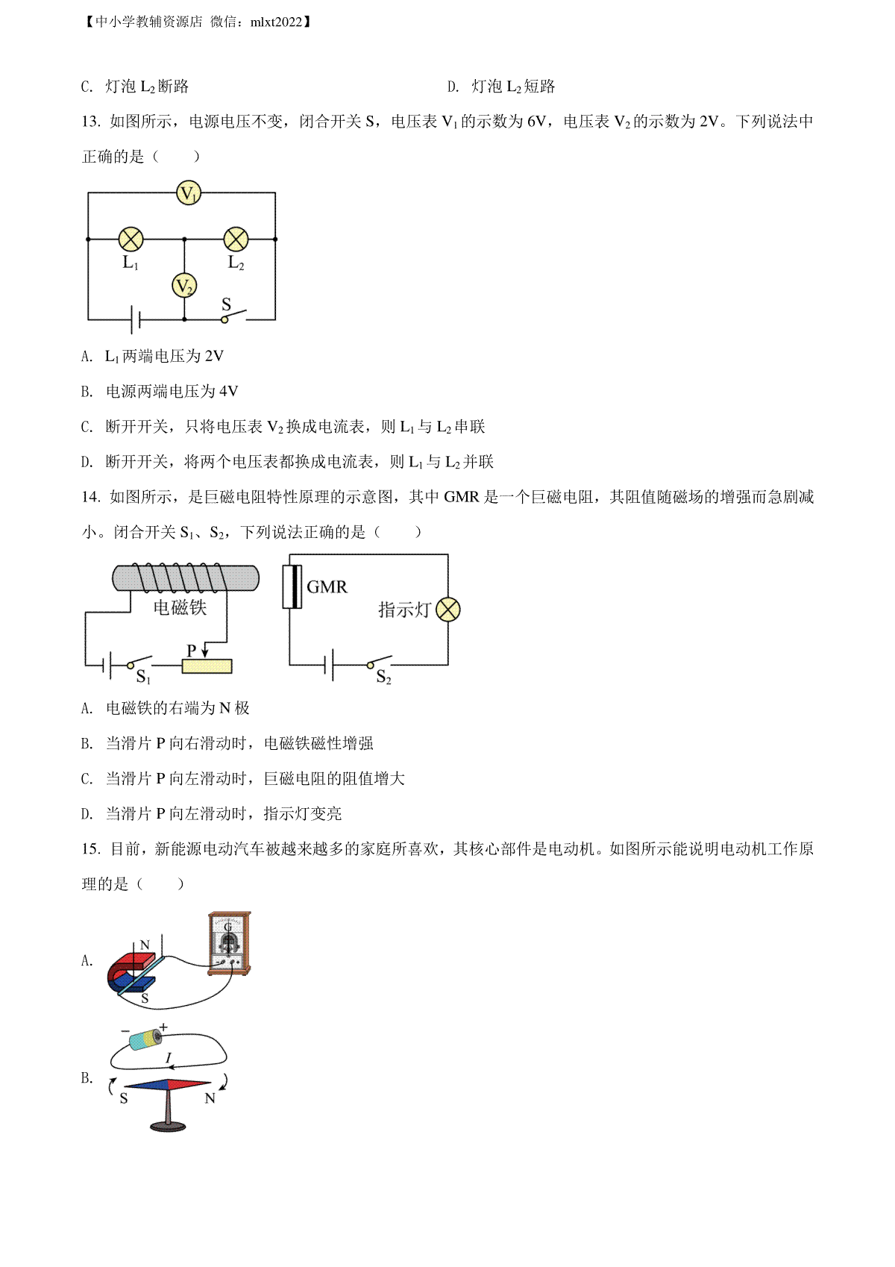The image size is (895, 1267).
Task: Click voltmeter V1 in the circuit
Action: point(188,193)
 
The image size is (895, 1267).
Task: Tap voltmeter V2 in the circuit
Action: point(184,286)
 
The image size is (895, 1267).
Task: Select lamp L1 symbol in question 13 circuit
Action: point(131,240)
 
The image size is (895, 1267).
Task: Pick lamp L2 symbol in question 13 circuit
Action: point(236,240)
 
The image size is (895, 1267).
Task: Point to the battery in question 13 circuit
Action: point(135,319)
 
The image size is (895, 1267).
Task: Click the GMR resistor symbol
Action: point(292,586)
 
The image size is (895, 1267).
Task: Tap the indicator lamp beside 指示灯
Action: point(448,610)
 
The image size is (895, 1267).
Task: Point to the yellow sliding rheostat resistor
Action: point(207,666)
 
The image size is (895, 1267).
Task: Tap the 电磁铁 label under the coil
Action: point(180,607)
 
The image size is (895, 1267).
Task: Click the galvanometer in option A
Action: point(229,943)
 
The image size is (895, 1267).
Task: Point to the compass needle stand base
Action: point(168,1125)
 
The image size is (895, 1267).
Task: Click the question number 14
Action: point(90,497)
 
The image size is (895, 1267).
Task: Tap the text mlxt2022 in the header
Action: point(276,22)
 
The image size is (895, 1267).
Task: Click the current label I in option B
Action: point(169,1057)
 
